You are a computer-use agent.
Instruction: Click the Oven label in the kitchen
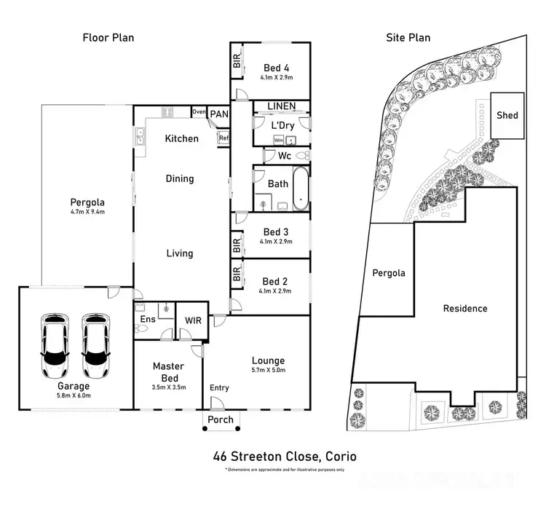(199, 112)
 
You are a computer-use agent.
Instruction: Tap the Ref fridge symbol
(223, 138)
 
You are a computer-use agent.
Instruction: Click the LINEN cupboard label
(281, 106)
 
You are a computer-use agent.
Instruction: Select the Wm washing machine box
(279, 140)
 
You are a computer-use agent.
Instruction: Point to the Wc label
(285, 156)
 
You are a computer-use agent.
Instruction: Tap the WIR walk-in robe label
(194, 320)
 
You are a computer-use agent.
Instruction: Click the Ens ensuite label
(147, 319)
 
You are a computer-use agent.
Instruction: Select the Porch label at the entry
(221, 419)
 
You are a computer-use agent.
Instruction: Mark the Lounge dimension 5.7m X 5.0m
(268, 371)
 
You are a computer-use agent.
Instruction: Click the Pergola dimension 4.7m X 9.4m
(87, 213)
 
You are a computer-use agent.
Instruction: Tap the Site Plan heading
(408, 38)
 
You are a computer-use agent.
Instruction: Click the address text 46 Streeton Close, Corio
(285, 457)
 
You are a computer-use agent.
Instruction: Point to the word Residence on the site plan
(465, 308)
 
